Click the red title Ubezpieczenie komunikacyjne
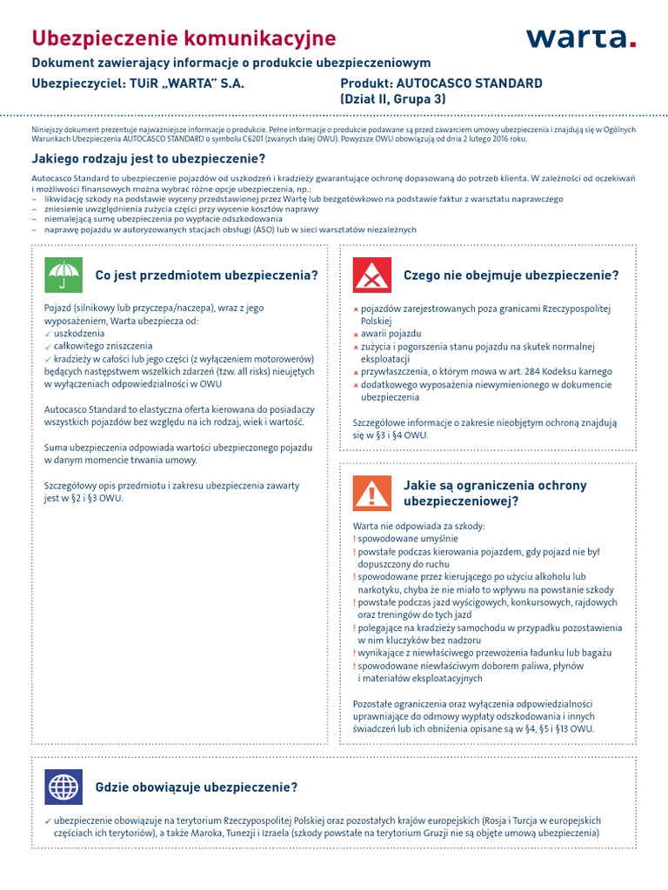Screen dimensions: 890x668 [x=184, y=38]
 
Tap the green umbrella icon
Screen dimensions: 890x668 [x=62, y=276]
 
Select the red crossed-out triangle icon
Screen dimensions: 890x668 [x=371, y=276]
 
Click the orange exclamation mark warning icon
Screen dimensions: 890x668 [x=371, y=493]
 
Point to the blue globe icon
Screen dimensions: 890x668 [x=62, y=787]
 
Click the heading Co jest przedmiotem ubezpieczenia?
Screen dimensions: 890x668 [x=206, y=276]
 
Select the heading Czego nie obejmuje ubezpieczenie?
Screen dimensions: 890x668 [x=511, y=276]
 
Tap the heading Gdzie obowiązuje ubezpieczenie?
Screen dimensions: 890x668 [x=197, y=787]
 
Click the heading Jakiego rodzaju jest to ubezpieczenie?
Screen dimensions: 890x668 [x=149, y=158]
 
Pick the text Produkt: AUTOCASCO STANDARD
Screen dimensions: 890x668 [x=440, y=83]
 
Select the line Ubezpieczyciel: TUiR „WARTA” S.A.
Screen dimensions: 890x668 [x=138, y=83]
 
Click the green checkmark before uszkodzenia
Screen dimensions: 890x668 [x=48, y=334]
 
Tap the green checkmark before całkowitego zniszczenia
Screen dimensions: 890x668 [x=48, y=346]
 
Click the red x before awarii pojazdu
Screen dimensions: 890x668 [x=356, y=335]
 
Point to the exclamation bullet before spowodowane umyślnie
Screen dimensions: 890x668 [x=355, y=539]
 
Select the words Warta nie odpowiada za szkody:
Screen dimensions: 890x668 [x=418, y=527]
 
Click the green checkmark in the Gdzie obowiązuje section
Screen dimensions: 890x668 [x=48, y=820]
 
